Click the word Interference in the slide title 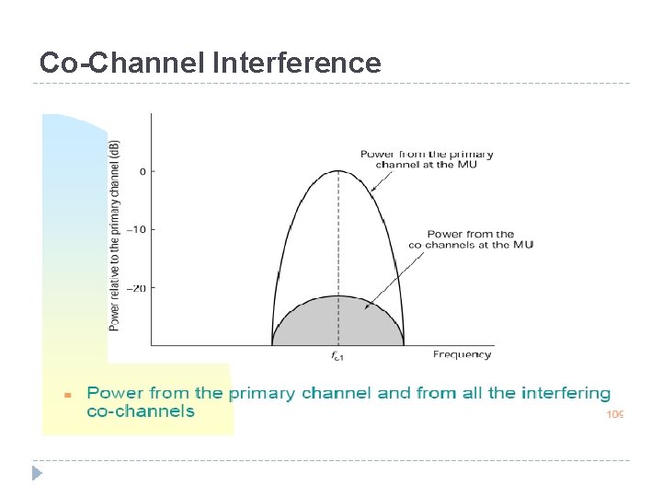coord(296,63)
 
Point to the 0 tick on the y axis coord(143,171)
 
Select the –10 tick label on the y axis coord(138,230)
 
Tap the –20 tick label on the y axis coord(138,288)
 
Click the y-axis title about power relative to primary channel coord(114,235)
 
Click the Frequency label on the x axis coord(462,354)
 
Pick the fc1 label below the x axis coord(338,355)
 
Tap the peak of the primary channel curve coord(338,170)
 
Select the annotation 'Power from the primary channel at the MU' coord(427,159)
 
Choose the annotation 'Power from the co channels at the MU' coord(471,239)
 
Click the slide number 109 coord(615,415)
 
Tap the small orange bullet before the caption coord(66,394)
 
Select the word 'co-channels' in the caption coord(141,411)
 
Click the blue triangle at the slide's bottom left coord(37,473)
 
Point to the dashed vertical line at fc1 coord(338,258)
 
